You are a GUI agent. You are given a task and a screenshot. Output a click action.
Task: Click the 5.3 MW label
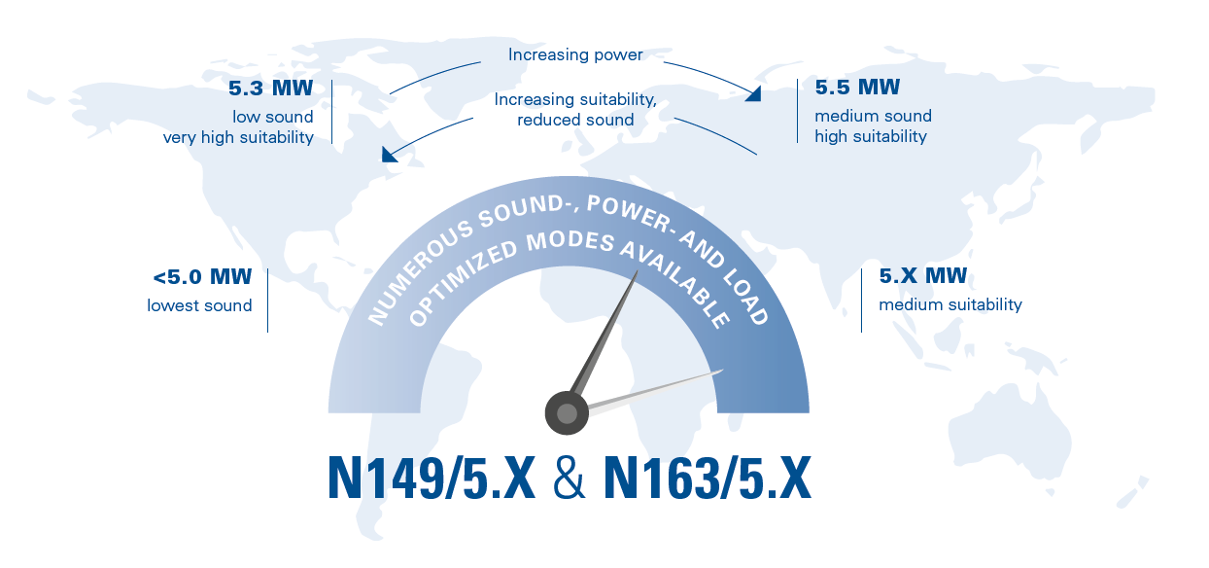(270, 89)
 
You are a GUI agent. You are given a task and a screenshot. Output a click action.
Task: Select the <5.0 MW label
(204, 278)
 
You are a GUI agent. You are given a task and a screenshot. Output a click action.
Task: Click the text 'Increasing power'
(575, 54)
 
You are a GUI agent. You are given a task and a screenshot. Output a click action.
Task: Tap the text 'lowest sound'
(199, 305)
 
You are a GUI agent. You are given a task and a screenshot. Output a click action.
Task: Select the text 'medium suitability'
(950, 304)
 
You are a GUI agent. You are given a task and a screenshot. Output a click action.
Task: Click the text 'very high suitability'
(238, 137)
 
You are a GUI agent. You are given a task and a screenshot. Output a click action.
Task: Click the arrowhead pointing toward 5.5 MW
(754, 93)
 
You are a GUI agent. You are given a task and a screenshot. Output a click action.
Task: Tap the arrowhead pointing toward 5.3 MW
(389, 154)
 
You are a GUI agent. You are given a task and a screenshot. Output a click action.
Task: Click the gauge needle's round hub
(567, 413)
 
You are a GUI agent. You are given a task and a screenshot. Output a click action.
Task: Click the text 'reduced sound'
(575, 120)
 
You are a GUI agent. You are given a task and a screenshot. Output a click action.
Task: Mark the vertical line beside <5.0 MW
(267, 301)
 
